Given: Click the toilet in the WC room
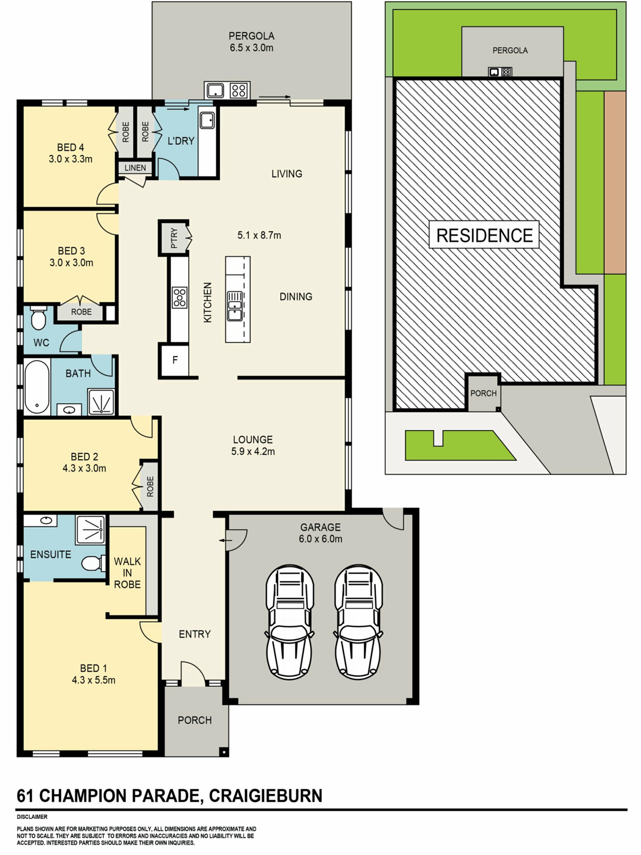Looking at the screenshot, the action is click(x=38, y=318).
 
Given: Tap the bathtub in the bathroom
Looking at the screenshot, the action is click(x=37, y=386).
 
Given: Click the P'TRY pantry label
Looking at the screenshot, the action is click(x=174, y=238).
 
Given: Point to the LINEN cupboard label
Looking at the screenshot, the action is click(x=135, y=168).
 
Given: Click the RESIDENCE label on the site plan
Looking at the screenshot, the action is click(x=484, y=235).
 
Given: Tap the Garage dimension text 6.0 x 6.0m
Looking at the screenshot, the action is click(x=320, y=539).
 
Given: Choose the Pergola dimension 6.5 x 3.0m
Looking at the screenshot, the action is click(x=251, y=48).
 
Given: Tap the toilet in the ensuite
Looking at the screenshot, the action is click(x=93, y=563).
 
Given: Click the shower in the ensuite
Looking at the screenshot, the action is click(x=90, y=529).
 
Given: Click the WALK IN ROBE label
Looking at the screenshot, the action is click(x=127, y=573).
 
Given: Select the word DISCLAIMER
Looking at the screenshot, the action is click(x=32, y=817).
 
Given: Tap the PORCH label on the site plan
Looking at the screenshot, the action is click(x=483, y=393).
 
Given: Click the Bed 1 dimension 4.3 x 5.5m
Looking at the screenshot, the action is click(x=93, y=680).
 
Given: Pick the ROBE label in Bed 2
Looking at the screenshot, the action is click(x=150, y=486).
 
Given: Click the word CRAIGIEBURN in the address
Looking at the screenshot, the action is click(x=265, y=796).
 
